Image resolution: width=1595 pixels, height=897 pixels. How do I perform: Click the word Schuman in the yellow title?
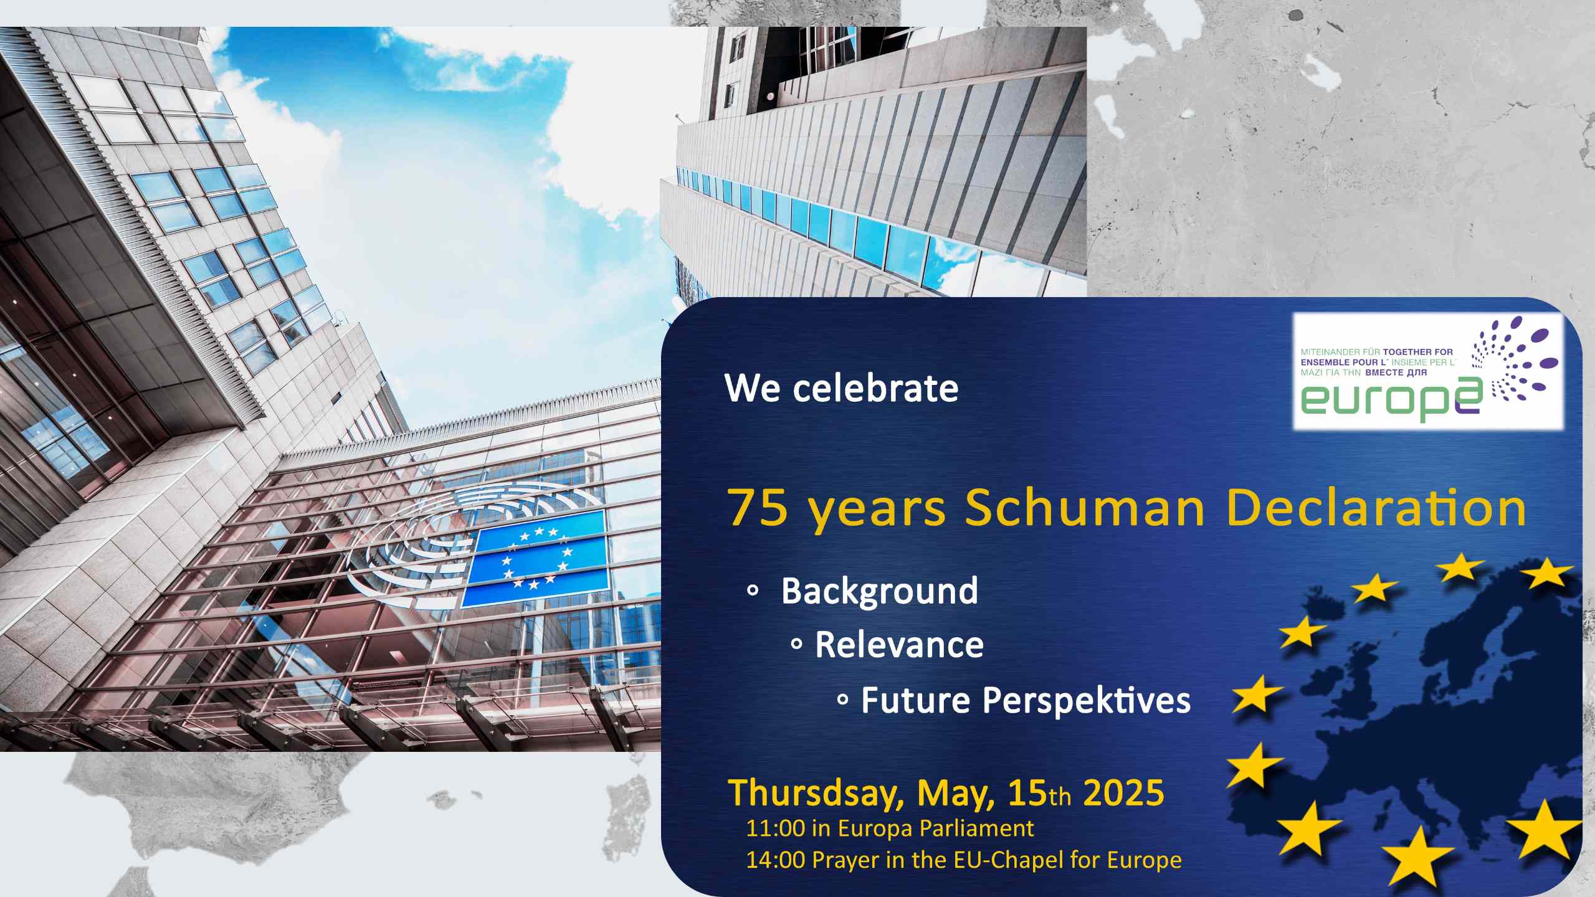click(1085, 506)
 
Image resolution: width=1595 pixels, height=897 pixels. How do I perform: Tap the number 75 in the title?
click(758, 507)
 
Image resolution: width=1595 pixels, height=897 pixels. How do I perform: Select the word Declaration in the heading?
click(1376, 506)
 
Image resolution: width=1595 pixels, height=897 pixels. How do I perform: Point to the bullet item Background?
click(880, 591)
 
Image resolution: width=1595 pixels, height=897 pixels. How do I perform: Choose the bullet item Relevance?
click(900, 644)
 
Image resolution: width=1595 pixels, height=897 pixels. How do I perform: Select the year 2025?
click(1124, 792)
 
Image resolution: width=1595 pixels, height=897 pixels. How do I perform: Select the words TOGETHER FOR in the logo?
click(1417, 352)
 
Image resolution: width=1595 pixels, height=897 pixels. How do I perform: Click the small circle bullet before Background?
click(753, 591)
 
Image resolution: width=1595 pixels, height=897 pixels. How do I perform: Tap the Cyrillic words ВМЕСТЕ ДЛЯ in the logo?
click(1396, 373)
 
